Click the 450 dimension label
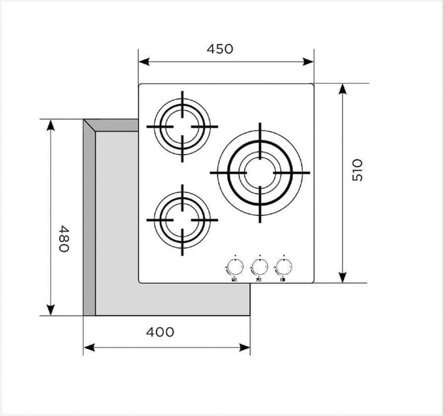[x=220, y=49]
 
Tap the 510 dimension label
[x=357, y=170]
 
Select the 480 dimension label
[x=63, y=238]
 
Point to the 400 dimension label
[x=160, y=332]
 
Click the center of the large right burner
[x=260, y=173]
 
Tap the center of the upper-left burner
[x=182, y=126]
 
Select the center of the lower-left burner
[x=182, y=220]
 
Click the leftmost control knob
[x=235, y=266]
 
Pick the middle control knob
[x=259, y=266]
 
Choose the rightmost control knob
[x=283, y=266]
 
